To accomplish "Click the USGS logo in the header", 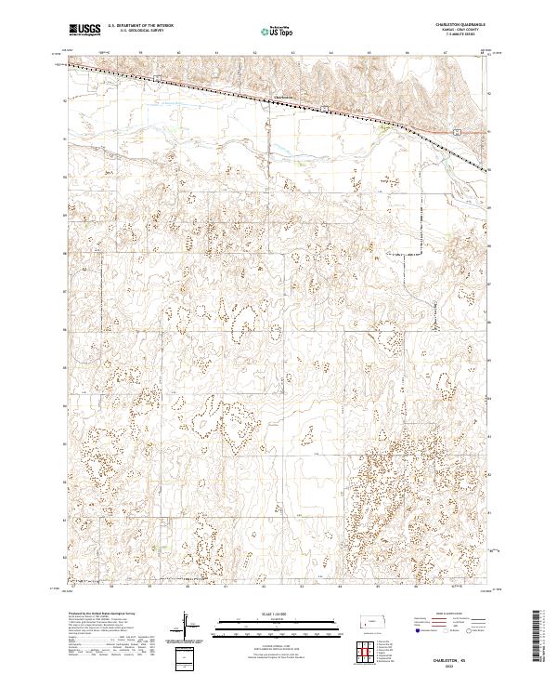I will pos(84,30).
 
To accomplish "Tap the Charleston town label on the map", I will pos(282,97).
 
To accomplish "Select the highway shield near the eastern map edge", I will pos(457,132).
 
